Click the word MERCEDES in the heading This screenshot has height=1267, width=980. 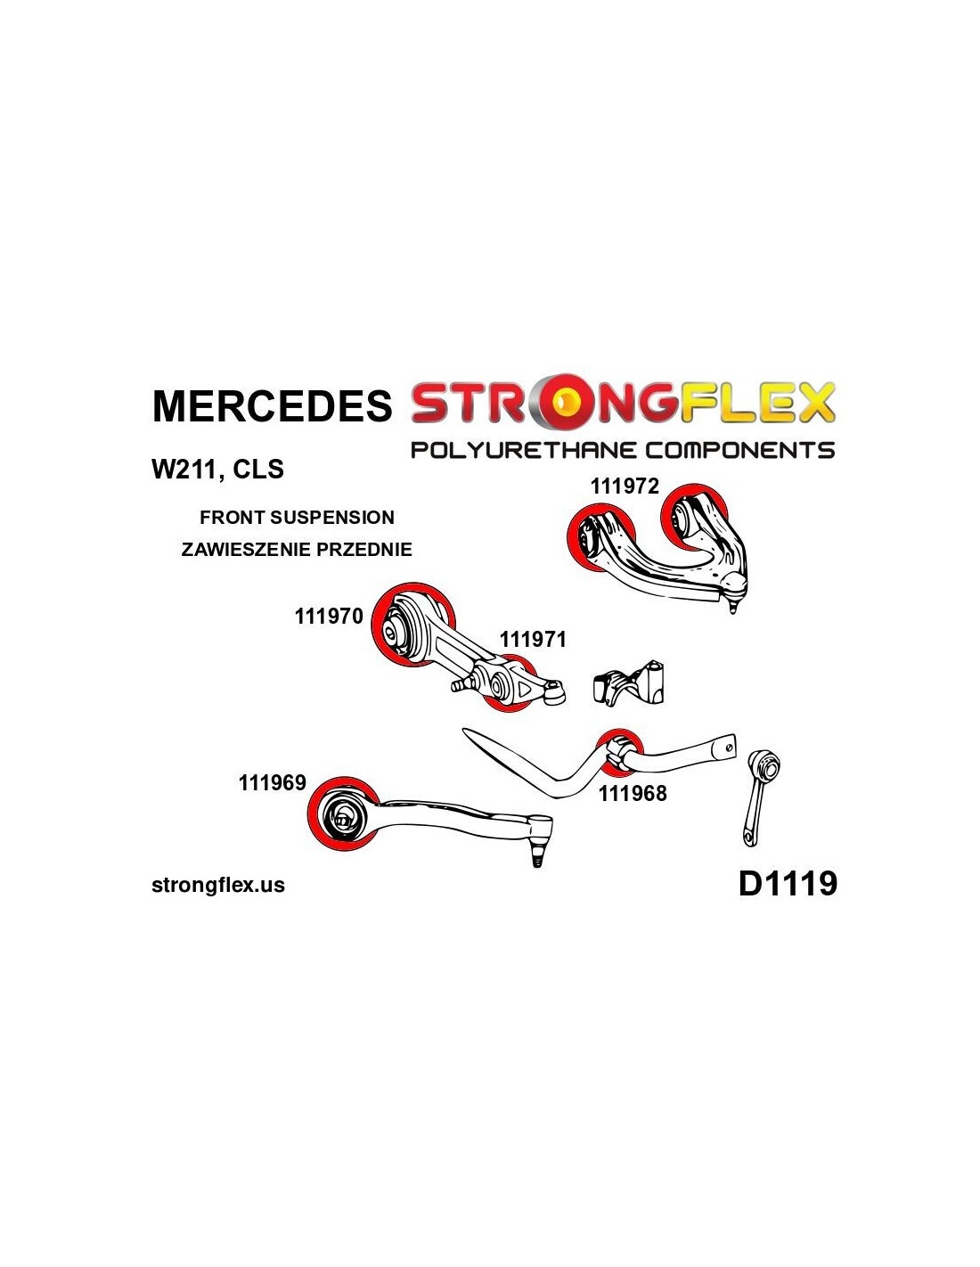(x=271, y=405)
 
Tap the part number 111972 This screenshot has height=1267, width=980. (x=624, y=486)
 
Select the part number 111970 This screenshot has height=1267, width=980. (x=328, y=616)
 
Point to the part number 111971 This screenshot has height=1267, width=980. (x=533, y=639)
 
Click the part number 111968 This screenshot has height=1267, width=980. (x=632, y=793)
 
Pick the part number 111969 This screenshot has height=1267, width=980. (x=272, y=782)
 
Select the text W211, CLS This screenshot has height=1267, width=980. (x=217, y=470)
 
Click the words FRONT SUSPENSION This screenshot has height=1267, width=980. (x=297, y=517)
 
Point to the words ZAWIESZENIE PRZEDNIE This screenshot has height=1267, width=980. (x=296, y=549)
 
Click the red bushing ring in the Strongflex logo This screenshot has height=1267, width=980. (x=567, y=402)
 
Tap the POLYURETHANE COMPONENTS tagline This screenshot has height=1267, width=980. (x=622, y=450)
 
